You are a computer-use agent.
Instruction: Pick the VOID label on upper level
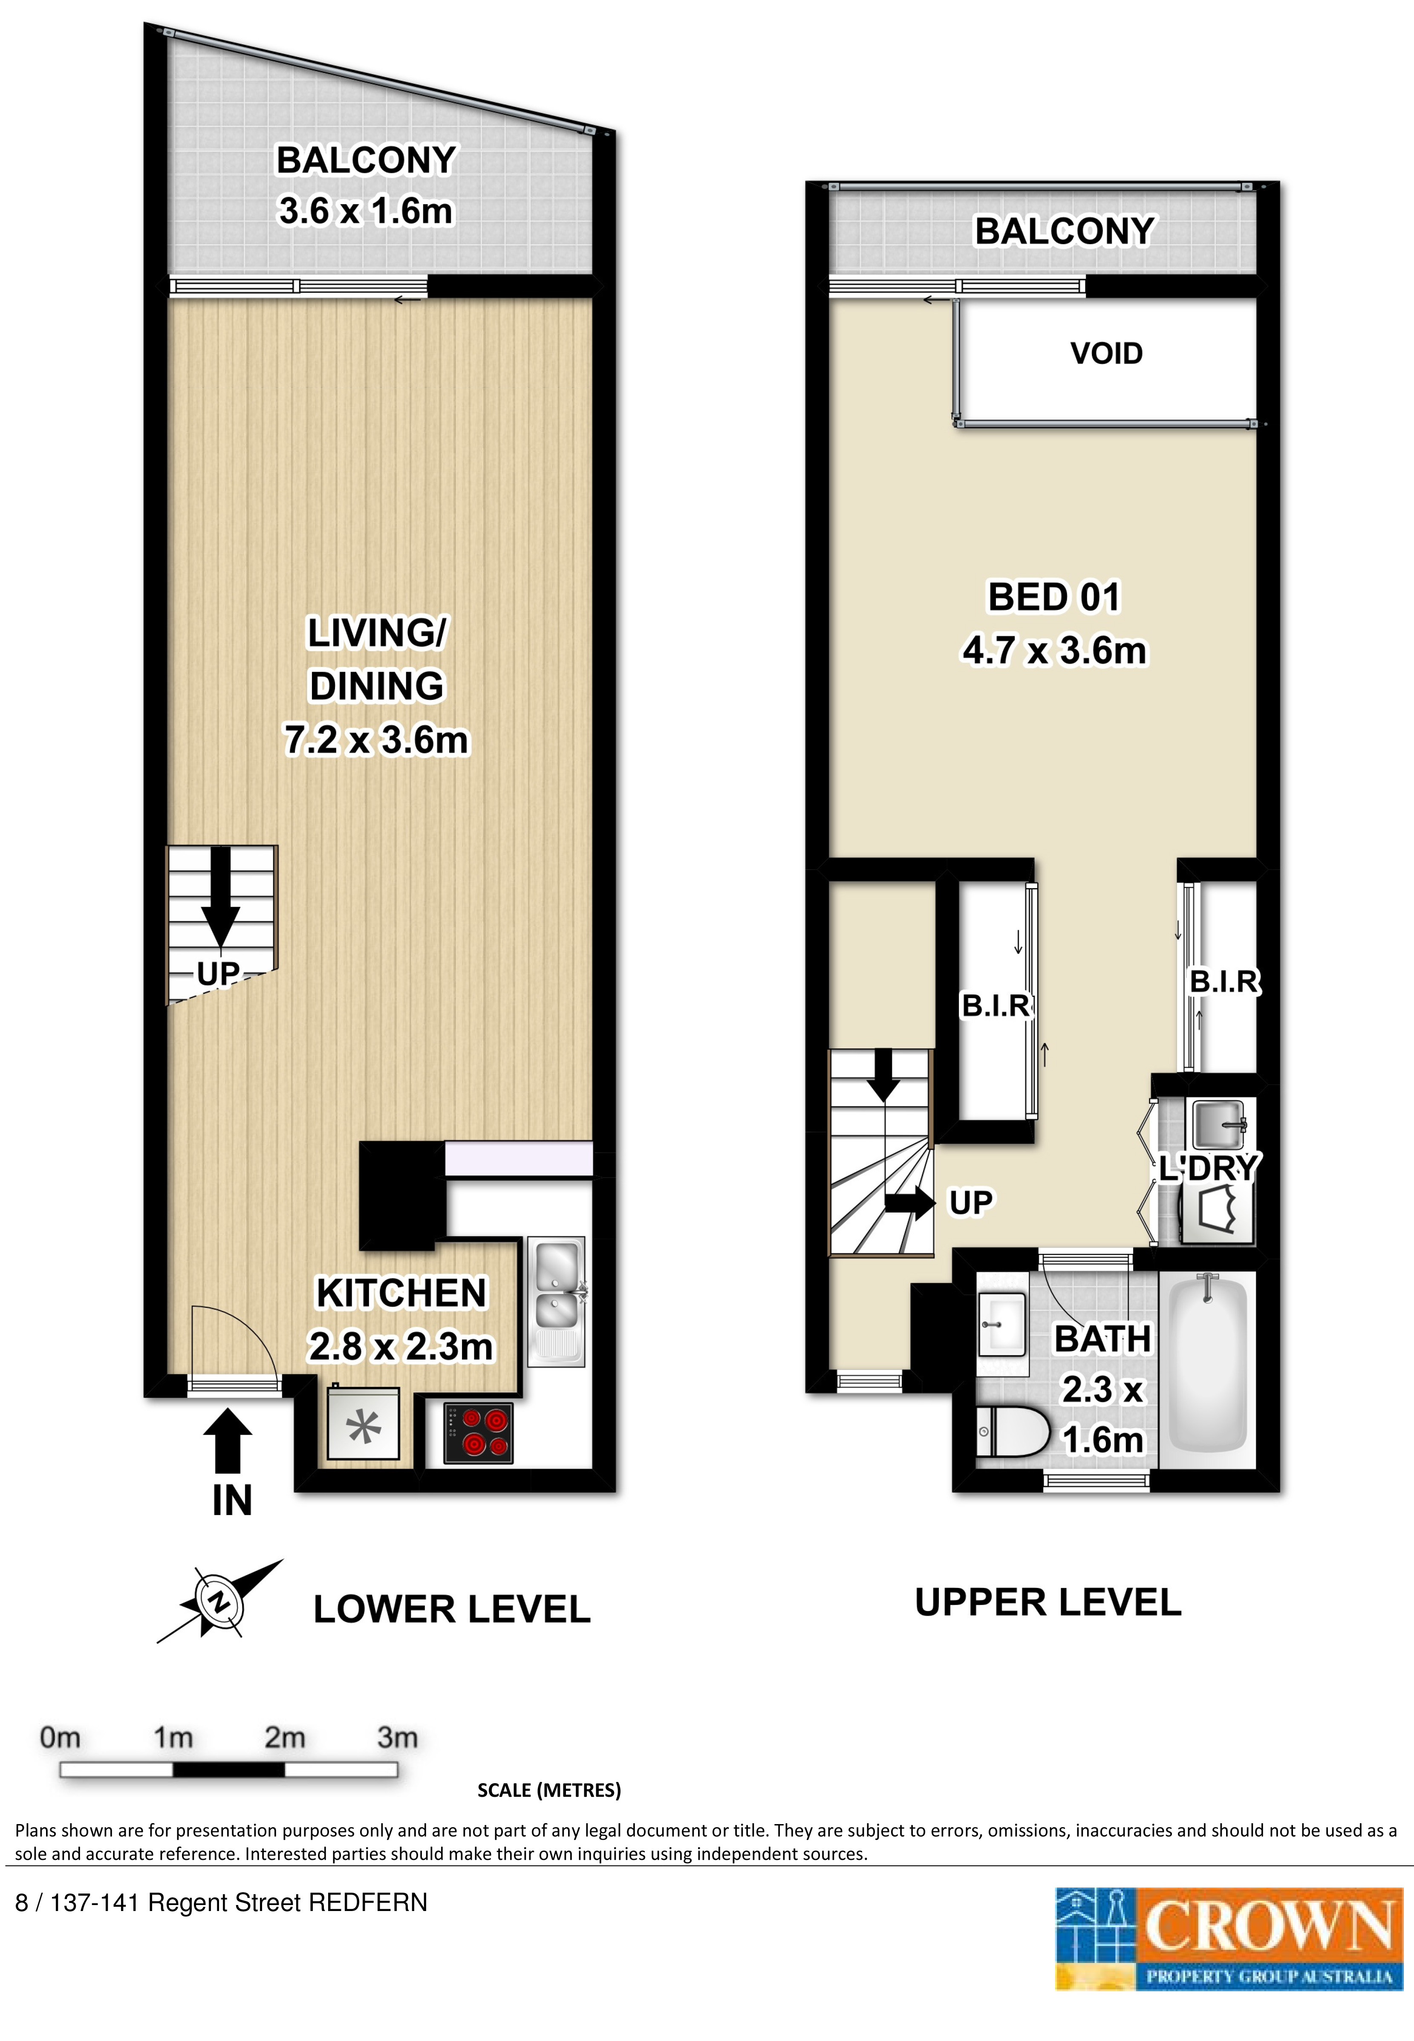tap(1107, 353)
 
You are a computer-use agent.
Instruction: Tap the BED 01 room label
tap(1054, 597)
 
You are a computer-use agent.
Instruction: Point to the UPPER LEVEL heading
tap(1048, 1602)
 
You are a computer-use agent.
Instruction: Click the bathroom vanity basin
tap(1002, 1323)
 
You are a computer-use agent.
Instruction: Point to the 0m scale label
tap(60, 1738)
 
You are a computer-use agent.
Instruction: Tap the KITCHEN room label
tap(401, 1293)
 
